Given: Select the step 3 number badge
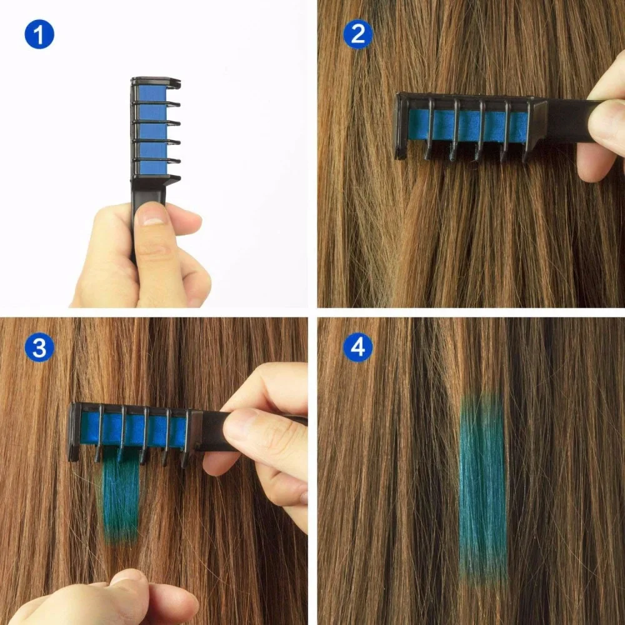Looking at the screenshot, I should [x=39, y=348].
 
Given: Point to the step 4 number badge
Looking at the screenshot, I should [x=357, y=348].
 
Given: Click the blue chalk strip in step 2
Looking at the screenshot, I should [x=469, y=125].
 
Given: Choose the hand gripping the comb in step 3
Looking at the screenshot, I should [x=262, y=437].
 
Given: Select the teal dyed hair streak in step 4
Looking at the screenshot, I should [x=483, y=487].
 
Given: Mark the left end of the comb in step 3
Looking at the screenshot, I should [x=74, y=431].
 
